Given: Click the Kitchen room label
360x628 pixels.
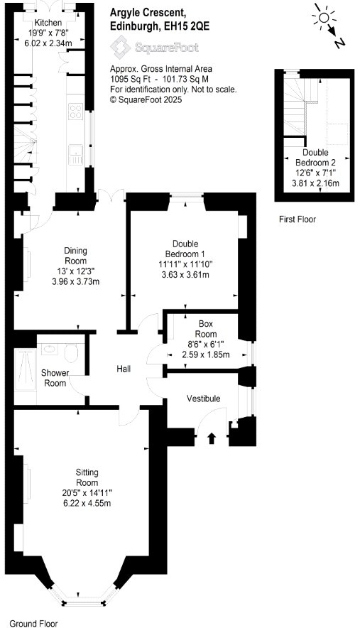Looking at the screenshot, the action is click(x=48, y=23).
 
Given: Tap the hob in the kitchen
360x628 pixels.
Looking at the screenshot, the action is click(x=76, y=112).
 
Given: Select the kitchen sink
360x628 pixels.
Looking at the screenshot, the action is click(x=76, y=155).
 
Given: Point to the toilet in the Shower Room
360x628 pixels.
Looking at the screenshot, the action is click(x=71, y=352).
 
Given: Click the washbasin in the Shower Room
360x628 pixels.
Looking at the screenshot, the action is click(x=50, y=348).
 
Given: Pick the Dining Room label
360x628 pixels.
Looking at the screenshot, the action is click(x=76, y=256).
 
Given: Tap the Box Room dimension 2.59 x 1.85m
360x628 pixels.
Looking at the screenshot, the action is click(x=206, y=354).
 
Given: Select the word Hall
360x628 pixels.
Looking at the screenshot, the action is click(x=124, y=369).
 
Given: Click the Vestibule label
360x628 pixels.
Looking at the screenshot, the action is click(x=203, y=399).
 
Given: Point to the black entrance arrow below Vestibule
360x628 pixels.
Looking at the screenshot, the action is click(x=212, y=438).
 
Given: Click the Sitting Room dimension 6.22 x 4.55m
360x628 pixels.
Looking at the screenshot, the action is click(x=87, y=503).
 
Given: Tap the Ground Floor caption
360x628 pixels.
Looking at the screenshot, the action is click(x=33, y=623).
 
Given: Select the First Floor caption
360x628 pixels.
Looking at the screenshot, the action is click(x=298, y=219).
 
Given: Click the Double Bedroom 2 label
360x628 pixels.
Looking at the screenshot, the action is click(x=315, y=158).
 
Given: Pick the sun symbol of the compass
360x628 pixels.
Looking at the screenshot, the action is click(x=324, y=17).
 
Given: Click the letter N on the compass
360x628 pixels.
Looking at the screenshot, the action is click(x=340, y=42).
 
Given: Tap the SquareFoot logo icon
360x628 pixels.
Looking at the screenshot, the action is click(x=120, y=47).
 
